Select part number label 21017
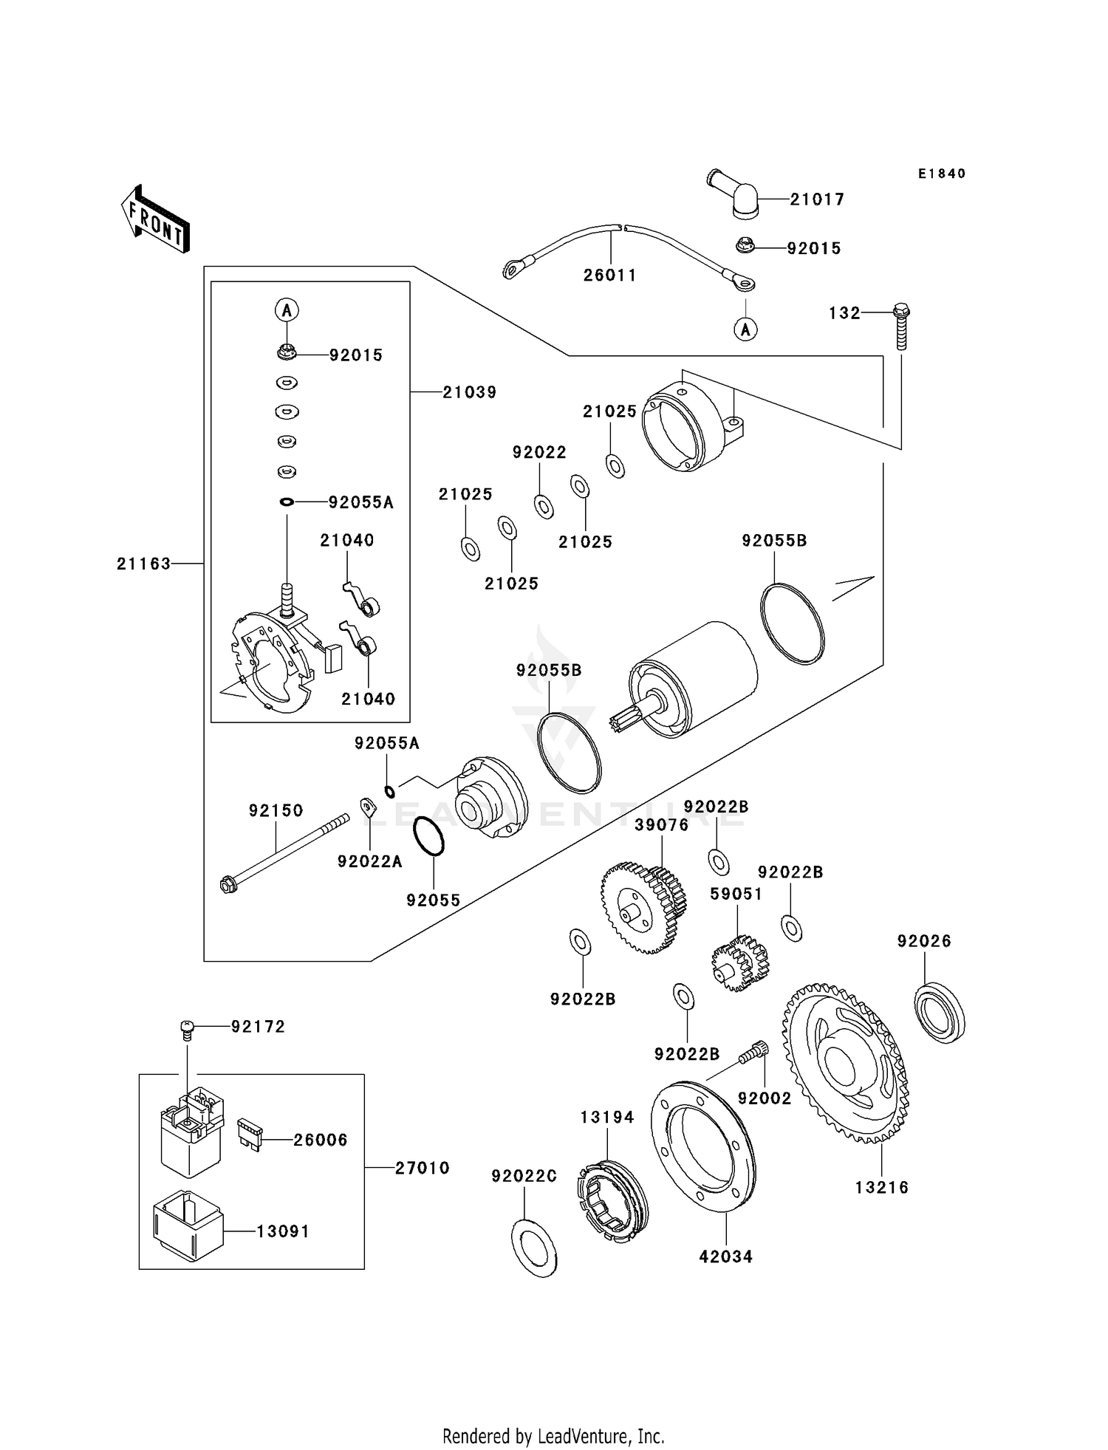click(817, 199)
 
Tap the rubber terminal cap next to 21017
click(738, 195)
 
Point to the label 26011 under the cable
click(609, 276)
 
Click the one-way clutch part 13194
click(612, 1203)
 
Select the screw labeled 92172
click(188, 1029)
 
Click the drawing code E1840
click(942, 174)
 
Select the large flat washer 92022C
click(534, 1248)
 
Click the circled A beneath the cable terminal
click(745, 329)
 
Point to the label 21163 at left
click(143, 564)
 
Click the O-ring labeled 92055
click(429, 837)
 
